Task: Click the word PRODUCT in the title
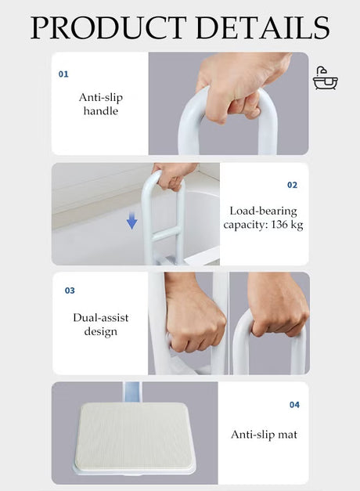click(108, 27)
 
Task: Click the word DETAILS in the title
click(263, 27)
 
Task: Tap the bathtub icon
click(326, 78)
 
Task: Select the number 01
click(63, 74)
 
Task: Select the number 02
click(292, 185)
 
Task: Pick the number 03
click(70, 291)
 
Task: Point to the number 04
click(294, 405)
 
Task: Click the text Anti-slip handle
click(100, 104)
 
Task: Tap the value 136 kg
click(287, 225)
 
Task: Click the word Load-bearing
click(263, 211)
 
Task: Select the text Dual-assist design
click(100, 324)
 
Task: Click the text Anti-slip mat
click(264, 435)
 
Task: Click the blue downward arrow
click(131, 221)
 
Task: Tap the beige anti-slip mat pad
click(134, 436)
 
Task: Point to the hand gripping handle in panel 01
click(243, 86)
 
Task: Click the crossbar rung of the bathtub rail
click(167, 234)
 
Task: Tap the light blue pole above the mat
click(132, 393)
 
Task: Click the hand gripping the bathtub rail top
click(173, 175)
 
